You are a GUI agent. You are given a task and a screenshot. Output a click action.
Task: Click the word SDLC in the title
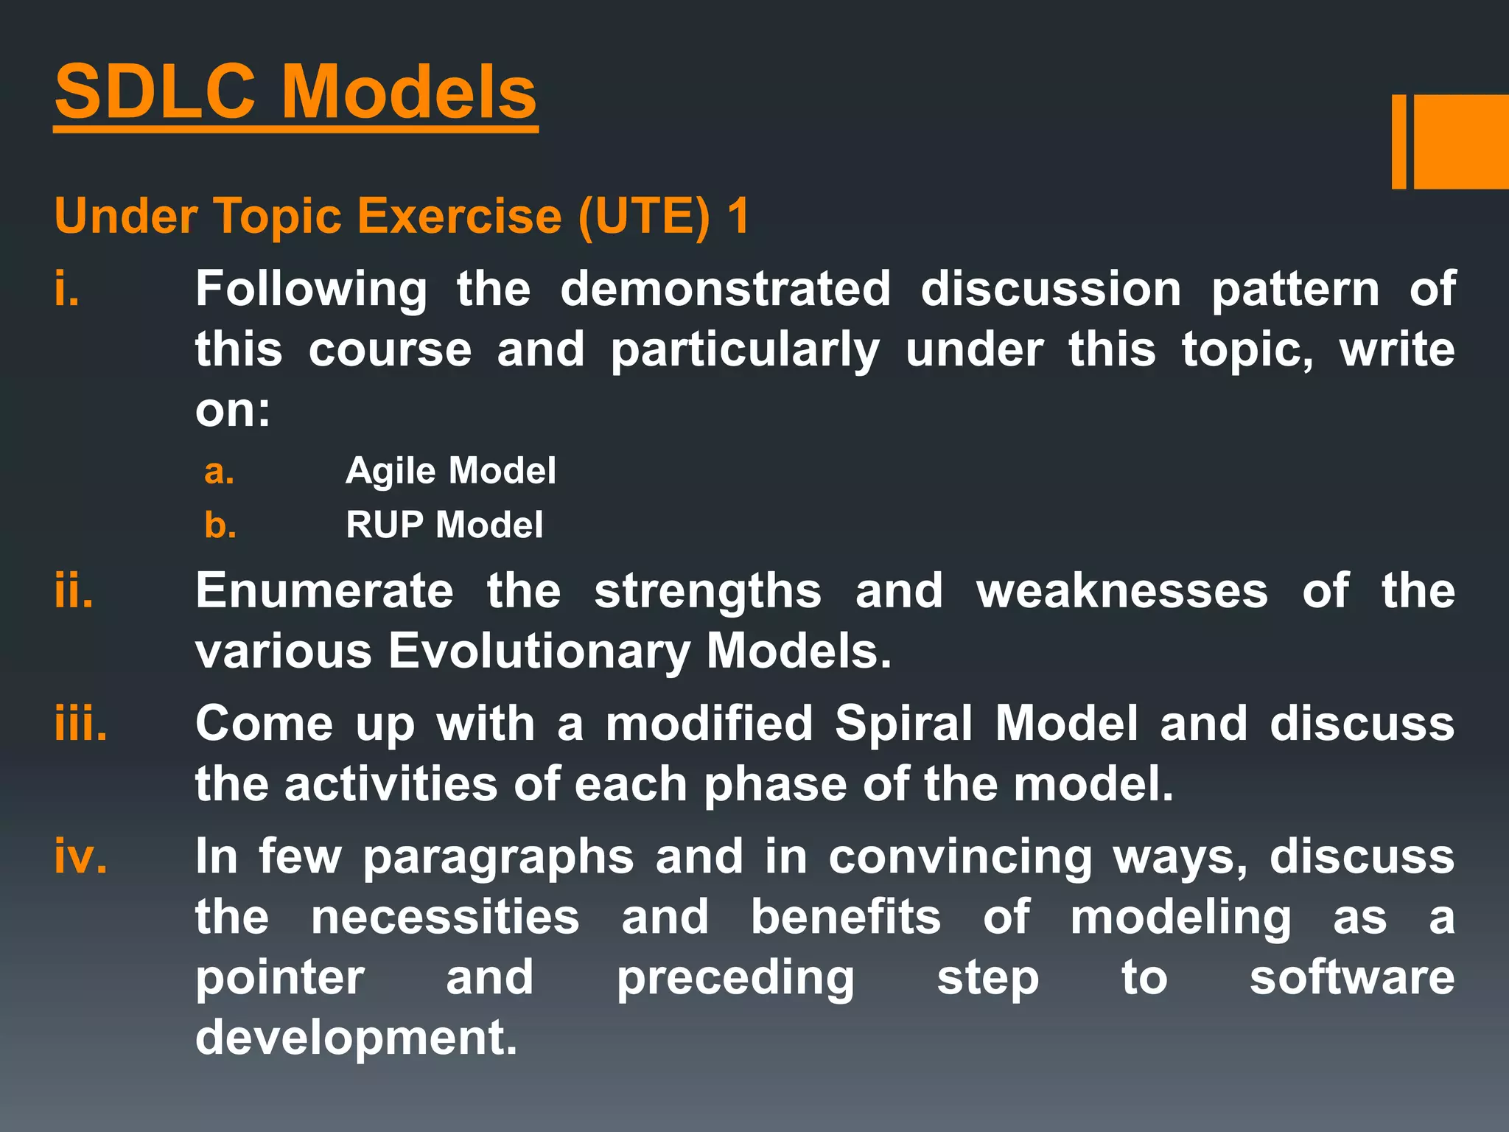click(x=155, y=92)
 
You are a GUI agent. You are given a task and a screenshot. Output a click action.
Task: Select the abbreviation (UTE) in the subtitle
click(x=644, y=217)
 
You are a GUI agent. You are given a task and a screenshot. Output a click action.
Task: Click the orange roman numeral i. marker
click(x=67, y=288)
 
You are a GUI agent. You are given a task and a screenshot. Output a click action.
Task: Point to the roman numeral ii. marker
click(x=74, y=590)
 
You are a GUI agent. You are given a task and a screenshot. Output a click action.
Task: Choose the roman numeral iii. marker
click(x=80, y=724)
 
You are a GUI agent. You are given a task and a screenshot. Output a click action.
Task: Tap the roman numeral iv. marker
click(x=80, y=856)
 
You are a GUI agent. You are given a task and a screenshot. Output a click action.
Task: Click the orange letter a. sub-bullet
click(x=219, y=471)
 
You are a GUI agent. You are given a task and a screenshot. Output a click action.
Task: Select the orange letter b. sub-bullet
click(x=220, y=525)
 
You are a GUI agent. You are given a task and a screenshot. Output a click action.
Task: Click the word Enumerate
click(x=324, y=590)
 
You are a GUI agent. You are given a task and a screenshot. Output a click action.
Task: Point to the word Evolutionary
click(x=539, y=651)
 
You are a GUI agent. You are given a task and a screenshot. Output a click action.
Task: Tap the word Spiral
click(x=903, y=724)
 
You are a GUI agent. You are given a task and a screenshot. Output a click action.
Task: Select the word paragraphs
click(x=498, y=858)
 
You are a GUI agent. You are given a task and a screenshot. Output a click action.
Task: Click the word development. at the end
click(x=356, y=1038)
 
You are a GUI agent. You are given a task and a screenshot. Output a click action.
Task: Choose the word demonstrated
click(x=725, y=288)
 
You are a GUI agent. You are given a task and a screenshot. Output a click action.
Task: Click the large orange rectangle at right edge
click(x=1461, y=141)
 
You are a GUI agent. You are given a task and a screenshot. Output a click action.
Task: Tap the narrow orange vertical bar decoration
click(x=1398, y=141)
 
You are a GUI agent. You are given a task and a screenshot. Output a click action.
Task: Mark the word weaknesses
click(x=1122, y=590)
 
